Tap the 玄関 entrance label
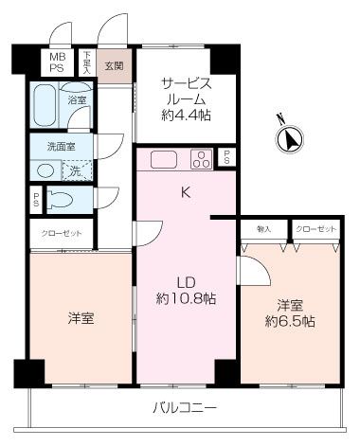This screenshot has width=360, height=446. (x=114, y=64)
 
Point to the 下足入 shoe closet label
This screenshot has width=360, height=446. (x=87, y=63)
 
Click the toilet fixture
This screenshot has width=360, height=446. (x=60, y=201)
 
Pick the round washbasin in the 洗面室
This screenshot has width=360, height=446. (x=44, y=171)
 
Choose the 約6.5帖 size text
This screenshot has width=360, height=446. (x=289, y=321)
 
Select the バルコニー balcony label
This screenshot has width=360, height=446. (x=186, y=408)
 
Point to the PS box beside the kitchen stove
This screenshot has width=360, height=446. (x=226, y=158)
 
